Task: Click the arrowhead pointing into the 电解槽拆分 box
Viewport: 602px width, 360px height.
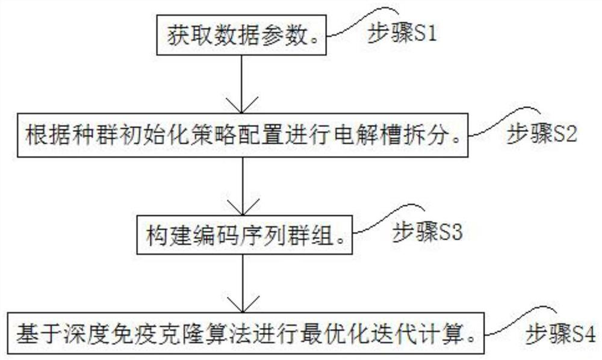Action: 241,106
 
